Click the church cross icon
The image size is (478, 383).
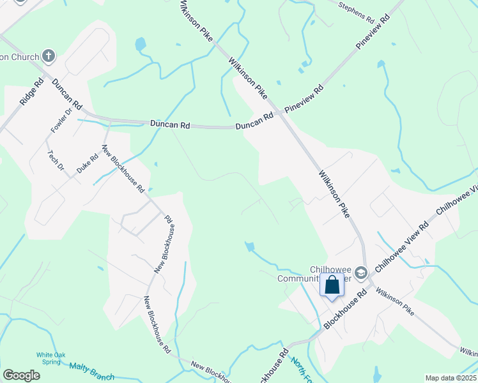[x=49, y=56]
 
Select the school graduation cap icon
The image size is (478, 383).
[x=361, y=273]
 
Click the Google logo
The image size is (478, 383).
[x=21, y=375]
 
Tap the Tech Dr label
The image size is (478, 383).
[x=56, y=160]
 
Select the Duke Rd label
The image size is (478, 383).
[x=88, y=161]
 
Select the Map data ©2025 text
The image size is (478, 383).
[x=451, y=378]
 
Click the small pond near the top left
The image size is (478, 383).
[x=140, y=44]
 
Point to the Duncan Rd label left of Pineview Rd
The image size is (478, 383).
[x=254, y=122]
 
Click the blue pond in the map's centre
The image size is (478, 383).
[x=250, y=246]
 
